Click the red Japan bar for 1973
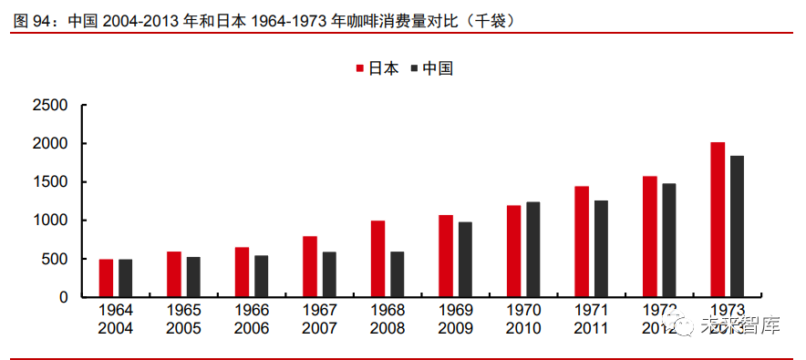(718, 220)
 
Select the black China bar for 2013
(738, 226)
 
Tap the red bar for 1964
(107, 278)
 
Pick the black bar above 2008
(398, 274)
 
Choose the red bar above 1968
(377, 259)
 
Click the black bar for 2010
(533, 250)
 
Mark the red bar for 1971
(582, 242)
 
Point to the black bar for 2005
(193, 277)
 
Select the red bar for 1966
(242, 272)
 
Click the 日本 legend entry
(377, 68)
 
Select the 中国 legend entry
(431, 68)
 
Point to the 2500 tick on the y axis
(50, 106)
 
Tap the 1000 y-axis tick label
(50, 221)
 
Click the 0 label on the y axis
(64, 297)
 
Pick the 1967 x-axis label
(319, 310)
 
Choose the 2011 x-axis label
(591, 327)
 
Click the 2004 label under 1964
(116, 327)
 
